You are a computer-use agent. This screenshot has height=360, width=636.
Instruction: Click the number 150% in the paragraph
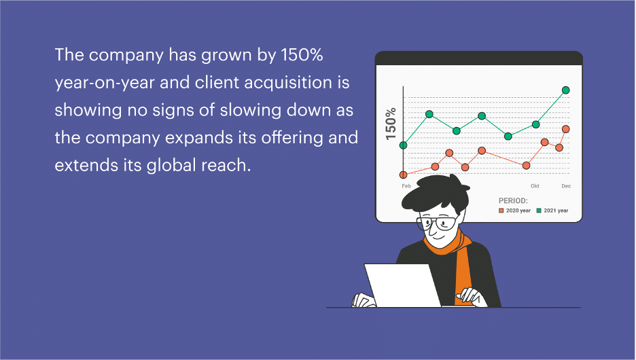(302, 55)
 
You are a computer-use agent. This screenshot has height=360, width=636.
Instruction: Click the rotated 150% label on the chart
(391, 124)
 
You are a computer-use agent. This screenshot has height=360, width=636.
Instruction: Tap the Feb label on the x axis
(406, 186)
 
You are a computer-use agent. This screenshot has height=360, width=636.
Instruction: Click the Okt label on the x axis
(535, 186)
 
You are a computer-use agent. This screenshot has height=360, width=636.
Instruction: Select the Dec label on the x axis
(566, 186)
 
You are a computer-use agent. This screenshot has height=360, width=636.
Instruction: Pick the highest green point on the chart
(566, 90)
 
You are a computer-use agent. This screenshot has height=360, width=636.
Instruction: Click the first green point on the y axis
(403, 145)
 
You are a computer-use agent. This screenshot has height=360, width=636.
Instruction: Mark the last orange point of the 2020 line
(566, 129)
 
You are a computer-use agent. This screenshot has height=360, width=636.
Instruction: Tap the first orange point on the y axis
(403, 175)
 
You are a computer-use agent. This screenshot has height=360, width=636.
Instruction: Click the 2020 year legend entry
(515, 211)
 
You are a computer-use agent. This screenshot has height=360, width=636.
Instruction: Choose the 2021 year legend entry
(552, 211)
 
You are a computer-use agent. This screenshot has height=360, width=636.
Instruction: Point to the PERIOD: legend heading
(513, 200)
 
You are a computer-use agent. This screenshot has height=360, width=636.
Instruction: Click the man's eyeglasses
(438, 223)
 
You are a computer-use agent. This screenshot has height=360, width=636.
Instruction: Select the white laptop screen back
(402, 285)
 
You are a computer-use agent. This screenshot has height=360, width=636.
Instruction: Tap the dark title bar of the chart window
(479, 58)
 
